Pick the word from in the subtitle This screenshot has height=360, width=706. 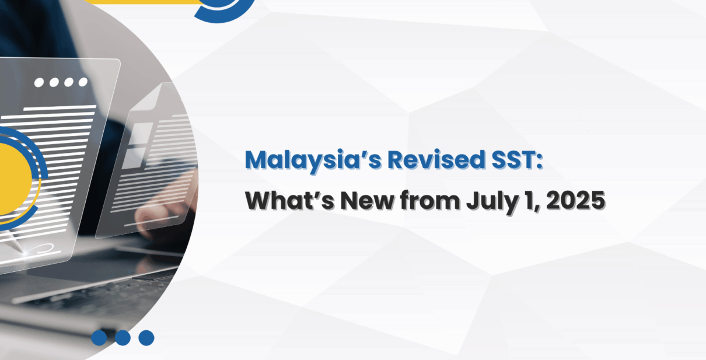(430, 201)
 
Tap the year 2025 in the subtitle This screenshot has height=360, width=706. (575, 201)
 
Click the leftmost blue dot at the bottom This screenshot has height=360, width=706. (99, 338)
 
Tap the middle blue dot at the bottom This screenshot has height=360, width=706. (123, 338)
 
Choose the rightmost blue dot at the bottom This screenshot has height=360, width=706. (146, 338)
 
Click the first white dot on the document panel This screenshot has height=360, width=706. (39, 83)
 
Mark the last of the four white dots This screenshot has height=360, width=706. (83, 82)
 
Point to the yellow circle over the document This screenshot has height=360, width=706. (13, 179)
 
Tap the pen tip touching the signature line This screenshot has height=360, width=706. (24, 252)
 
